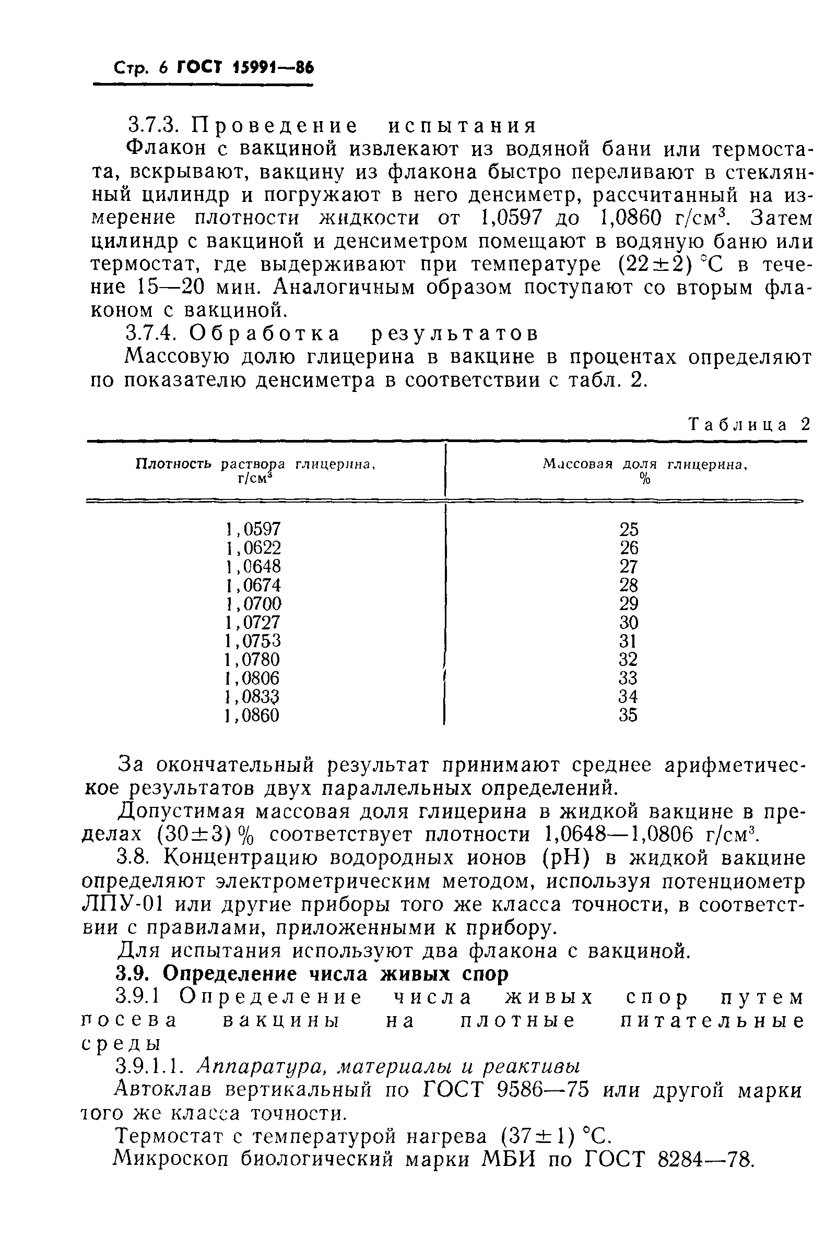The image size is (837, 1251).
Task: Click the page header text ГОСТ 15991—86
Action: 245,68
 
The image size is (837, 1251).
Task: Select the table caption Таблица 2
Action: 749,424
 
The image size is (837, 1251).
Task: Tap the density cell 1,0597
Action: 253,529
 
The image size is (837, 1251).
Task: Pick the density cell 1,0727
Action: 253,622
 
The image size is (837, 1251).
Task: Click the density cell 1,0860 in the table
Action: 253,716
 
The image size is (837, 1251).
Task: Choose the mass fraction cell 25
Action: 629,529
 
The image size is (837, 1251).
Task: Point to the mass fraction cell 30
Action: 629,622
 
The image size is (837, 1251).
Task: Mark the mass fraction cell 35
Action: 629,716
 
